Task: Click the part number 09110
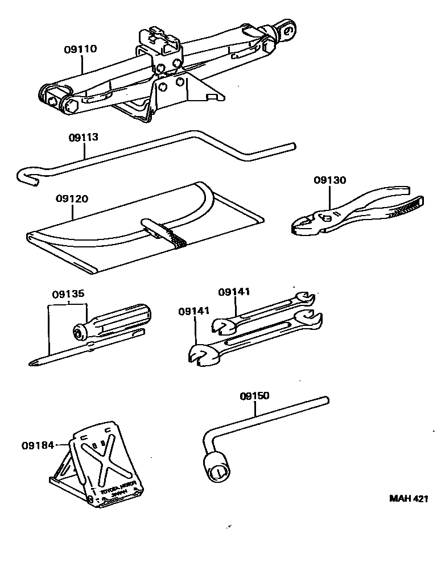[80, 49]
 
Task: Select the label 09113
[84, 137]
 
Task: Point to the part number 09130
[329, 180]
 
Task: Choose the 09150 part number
[254, 395]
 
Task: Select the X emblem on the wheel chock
[106, 460]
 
